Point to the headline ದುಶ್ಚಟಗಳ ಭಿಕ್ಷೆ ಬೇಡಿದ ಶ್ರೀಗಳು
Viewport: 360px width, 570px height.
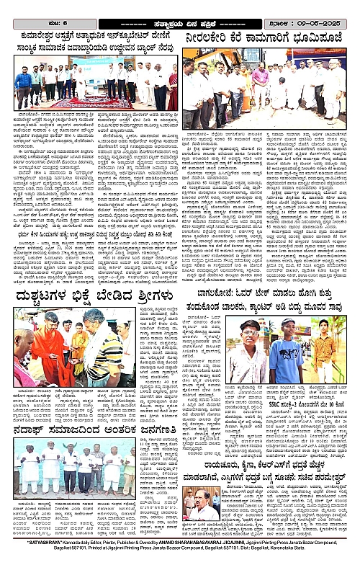90,295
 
